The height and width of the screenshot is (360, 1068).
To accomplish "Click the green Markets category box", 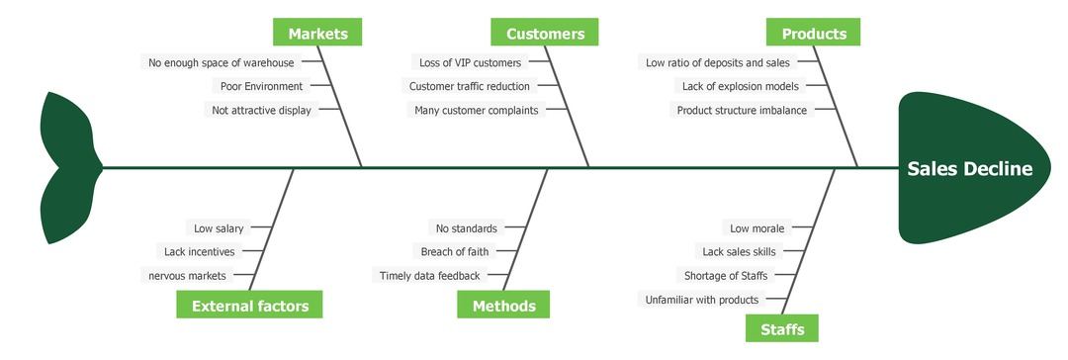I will [x=317, y=33].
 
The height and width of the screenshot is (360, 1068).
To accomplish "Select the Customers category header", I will [x=545, y=33].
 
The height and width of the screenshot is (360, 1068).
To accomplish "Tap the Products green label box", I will [x=813, y=33].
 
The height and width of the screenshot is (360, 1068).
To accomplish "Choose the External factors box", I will [x=249, y=306].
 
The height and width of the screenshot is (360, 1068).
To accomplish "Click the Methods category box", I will [x=503, y=306].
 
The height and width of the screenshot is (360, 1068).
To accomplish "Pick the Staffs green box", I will [x=781, y=328].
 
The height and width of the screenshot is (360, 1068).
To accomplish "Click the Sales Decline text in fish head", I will [x=969, y=169].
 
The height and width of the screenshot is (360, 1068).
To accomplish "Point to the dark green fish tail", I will [x=67, y=168].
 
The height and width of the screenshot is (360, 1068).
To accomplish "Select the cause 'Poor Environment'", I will [x=261, y=86].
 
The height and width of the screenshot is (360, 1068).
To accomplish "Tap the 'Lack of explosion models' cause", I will [x=740, y=86].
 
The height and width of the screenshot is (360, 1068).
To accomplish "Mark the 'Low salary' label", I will [x=219, y=228].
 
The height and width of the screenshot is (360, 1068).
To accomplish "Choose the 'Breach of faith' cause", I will [x=454, y=252].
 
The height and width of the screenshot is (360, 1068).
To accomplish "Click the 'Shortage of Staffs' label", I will [x=725, y=276].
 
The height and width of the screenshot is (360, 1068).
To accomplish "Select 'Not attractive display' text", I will [x=261, y=110].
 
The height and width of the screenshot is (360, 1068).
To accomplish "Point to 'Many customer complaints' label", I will [x=476, y=110].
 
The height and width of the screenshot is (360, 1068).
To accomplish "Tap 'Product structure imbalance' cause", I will [x=741, y=110].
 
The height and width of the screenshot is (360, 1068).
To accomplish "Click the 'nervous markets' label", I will [x=187, y=276].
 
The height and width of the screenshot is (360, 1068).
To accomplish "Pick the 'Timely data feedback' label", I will [x=429, y=276].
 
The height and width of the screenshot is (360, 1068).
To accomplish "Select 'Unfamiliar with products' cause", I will [x=701, y=300].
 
